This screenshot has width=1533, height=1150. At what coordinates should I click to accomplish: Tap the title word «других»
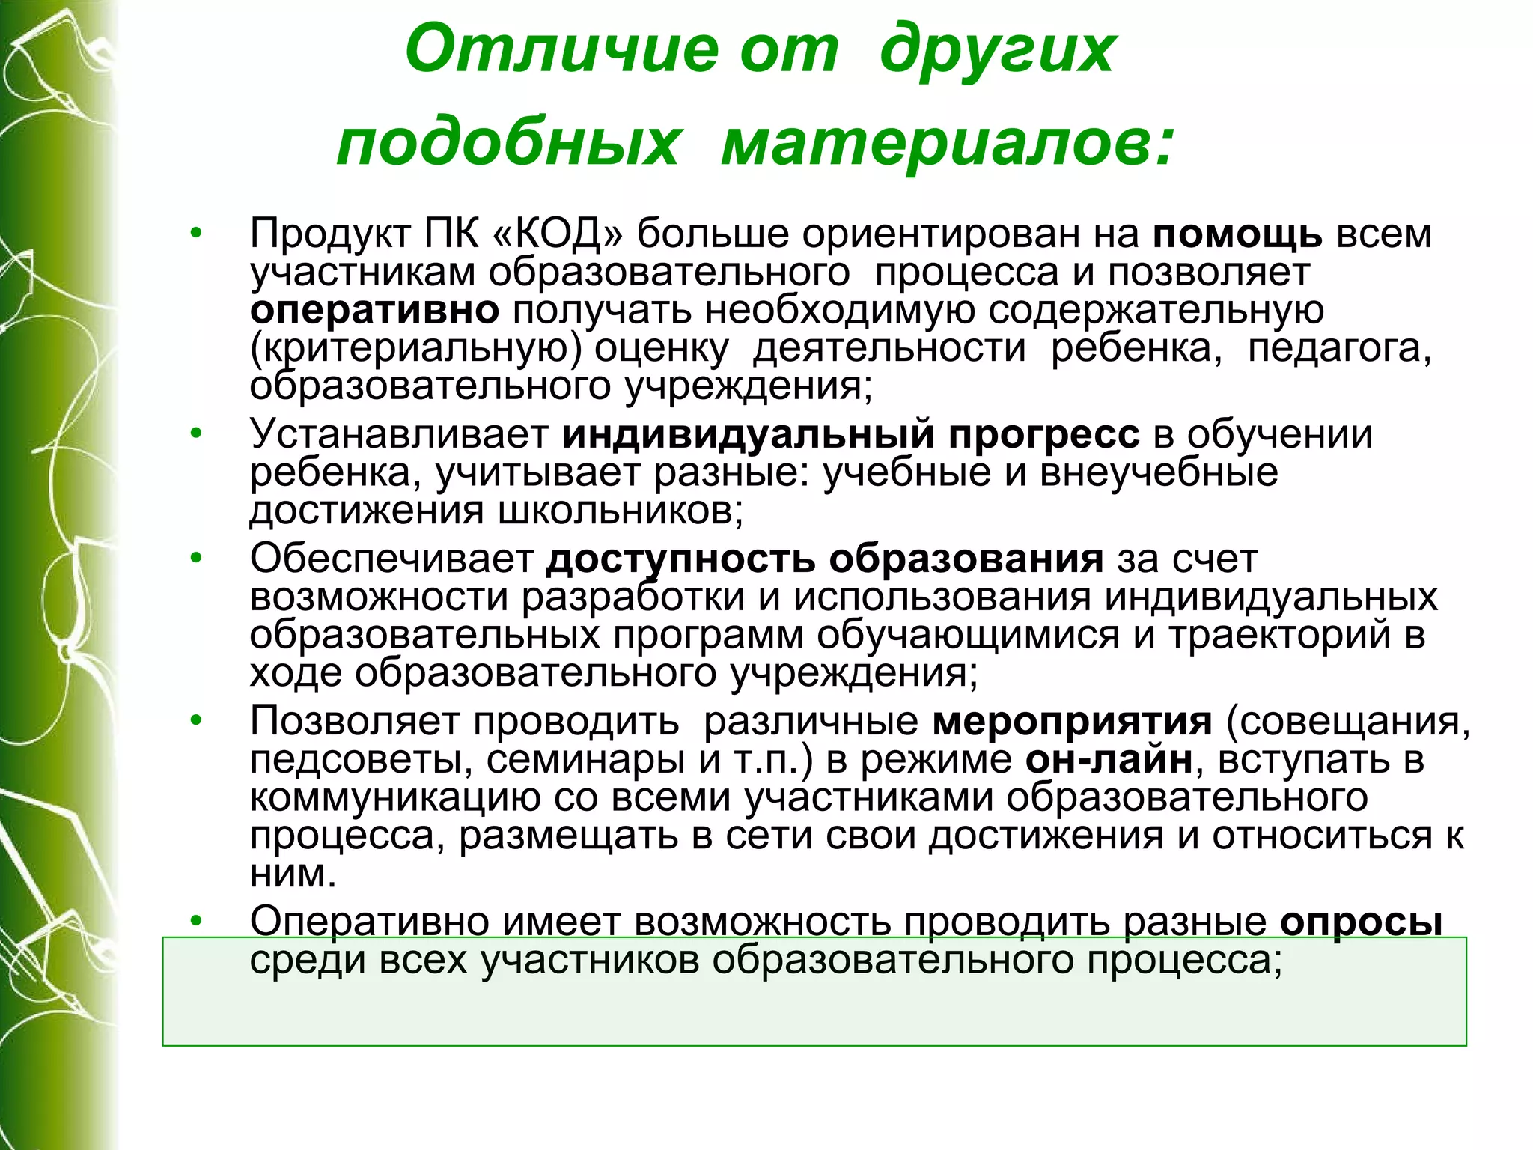pos(998,50)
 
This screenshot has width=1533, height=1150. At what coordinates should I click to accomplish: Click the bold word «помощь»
pos(1237,234)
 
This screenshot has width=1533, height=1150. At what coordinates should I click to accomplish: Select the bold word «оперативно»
pos(374,310)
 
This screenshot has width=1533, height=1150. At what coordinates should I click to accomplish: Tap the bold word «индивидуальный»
pos(748,434)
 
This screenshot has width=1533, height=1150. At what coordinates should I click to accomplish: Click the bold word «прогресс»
pos(1044,434)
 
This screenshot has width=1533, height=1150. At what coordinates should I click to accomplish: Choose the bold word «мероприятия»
pos(1072,721)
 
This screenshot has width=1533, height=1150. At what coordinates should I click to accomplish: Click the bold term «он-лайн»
pos(1109,759)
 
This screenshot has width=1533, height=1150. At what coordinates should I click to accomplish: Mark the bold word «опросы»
pos(1361,922)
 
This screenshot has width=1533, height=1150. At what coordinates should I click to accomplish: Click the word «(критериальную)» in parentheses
pos(415,348)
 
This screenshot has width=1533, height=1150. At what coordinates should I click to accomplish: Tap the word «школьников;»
pos(621,511)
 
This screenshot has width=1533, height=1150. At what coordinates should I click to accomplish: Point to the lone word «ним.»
pos(293,874)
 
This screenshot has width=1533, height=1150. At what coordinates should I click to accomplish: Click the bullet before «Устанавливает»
pos(196,433)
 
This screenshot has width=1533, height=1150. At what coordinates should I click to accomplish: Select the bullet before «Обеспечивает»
pos(196,558)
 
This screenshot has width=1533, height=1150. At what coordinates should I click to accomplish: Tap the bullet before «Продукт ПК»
pos(196,233)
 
